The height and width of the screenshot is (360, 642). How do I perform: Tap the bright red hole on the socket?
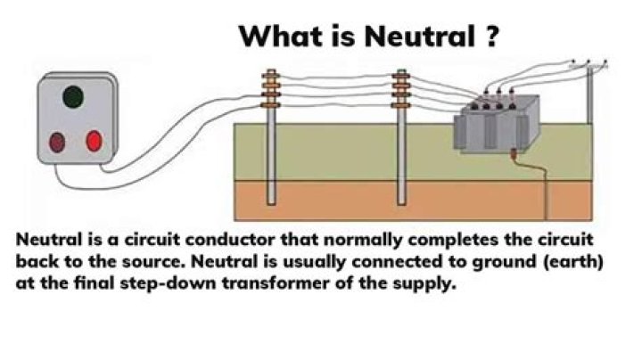94,140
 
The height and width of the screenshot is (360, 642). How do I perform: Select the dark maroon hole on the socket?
59,141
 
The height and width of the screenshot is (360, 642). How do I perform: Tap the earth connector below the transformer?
514,154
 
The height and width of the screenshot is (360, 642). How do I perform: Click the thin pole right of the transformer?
589,94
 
